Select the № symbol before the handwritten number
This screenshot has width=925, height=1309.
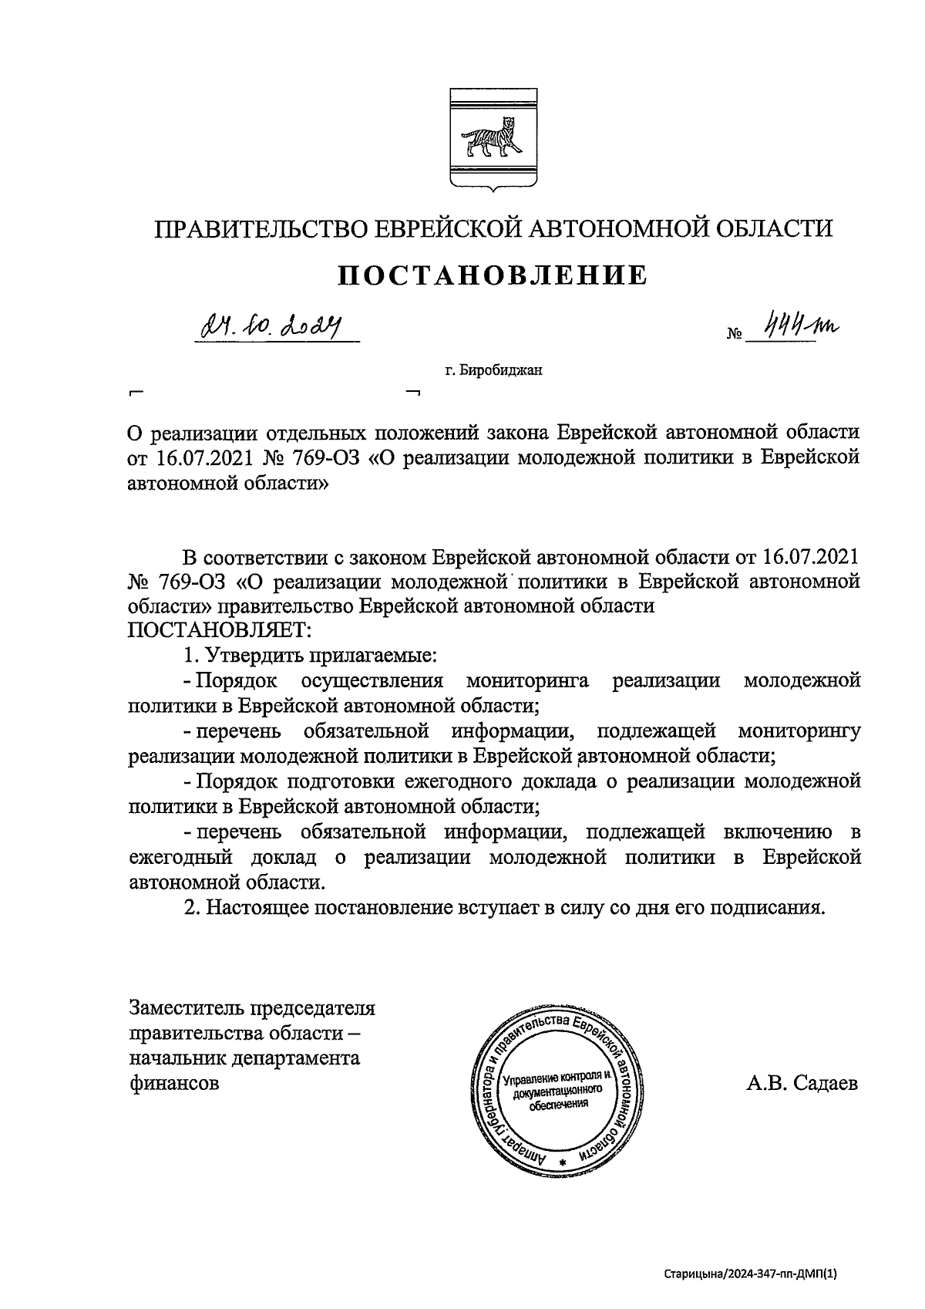[734, 336]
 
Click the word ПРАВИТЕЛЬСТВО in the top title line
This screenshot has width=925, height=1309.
[261, 229]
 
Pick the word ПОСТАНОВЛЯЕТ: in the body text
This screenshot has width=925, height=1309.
[219, 630]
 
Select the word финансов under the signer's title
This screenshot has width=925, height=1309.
[175, 1083]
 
